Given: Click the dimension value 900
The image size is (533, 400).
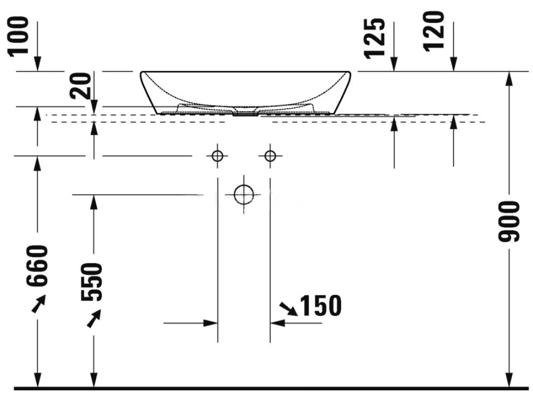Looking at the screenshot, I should click(509, 221).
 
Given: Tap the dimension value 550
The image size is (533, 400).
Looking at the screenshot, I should click(94, 282).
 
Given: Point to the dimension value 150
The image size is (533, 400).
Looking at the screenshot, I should click(319, 306).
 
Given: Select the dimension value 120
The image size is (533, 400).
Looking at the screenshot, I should click(435, 30).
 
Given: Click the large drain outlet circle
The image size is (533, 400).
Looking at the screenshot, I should click(244, 195).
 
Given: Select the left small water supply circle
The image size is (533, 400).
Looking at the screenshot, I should click(217, 156).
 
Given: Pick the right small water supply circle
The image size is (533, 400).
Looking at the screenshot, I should click(270, 156).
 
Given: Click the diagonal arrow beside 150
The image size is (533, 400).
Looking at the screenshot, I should click(288, 308).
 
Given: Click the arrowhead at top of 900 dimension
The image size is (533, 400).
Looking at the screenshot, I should click(510, 77).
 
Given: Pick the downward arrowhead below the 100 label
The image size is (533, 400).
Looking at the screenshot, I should click(38, 65).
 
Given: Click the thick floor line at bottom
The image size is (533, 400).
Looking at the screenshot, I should click(266, 388).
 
